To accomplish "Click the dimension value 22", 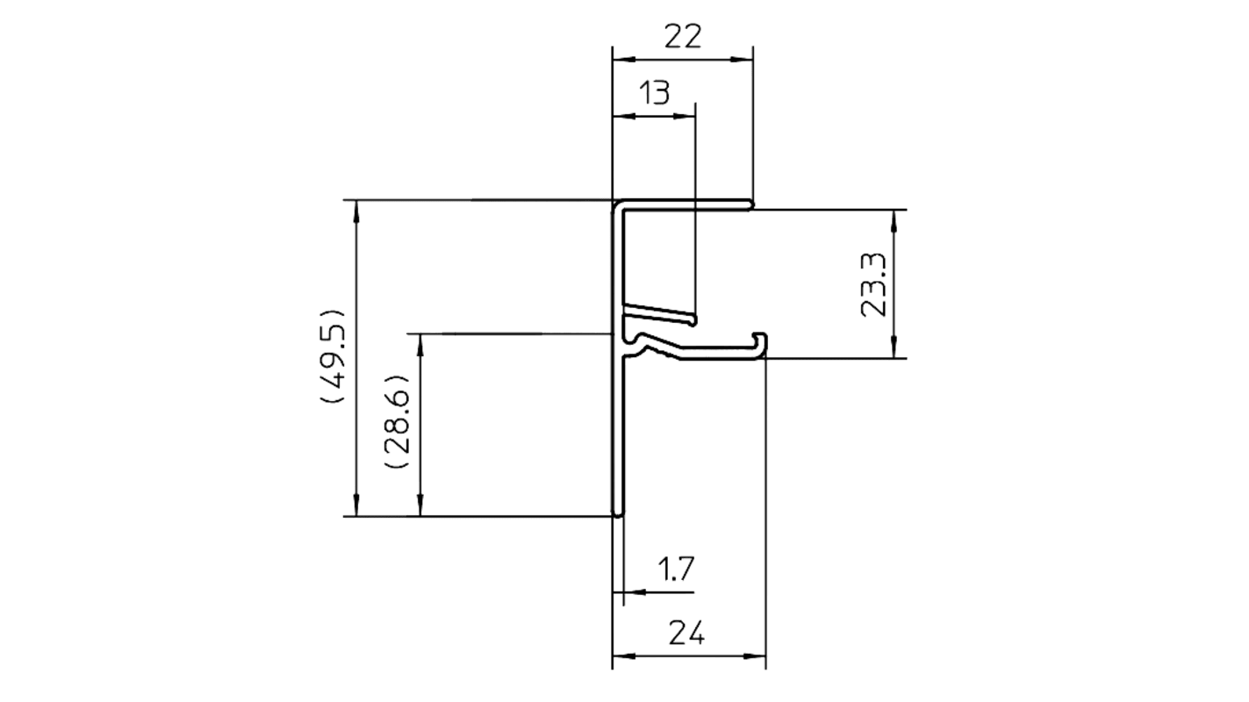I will click(x=682, y=37).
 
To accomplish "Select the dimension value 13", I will click(x=653, y=92).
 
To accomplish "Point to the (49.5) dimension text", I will click(x=335, y=356).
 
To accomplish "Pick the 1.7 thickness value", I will click(x=676, y=569).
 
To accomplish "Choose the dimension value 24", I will click(x=688, y=632).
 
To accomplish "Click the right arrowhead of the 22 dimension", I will click(x=744, y=60).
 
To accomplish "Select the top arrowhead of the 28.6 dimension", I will click(x=421, y=342).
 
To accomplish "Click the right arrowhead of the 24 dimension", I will click(x=758, y=655).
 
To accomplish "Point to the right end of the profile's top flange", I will click(x=751, y=205).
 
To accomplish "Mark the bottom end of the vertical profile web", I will click(x=619, y=515).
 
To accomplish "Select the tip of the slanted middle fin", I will click(x=695, y=318).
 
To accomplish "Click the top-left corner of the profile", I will click(x=614, y=202).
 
